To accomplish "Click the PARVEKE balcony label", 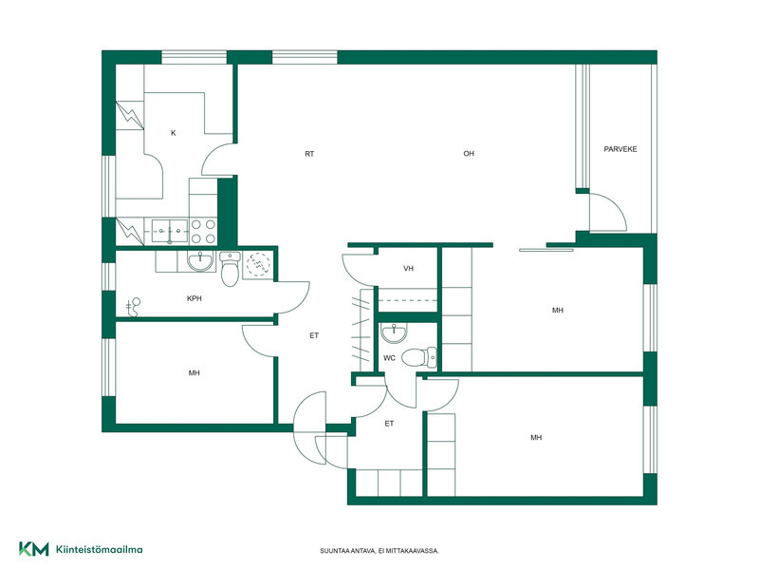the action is (620, 149).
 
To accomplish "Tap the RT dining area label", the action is (309, 154).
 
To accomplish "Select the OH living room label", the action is (469, 154).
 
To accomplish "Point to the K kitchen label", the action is (174, 133).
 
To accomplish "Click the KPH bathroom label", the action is (194, 298).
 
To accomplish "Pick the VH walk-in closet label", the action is (409, 269).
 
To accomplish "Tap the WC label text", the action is (389, 358).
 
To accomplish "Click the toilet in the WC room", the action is (419, 358).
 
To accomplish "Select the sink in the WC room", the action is (394, 332).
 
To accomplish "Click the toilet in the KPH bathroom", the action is (230, 269).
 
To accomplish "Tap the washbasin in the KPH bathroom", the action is (200, 260).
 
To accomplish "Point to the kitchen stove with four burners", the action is (203, 232).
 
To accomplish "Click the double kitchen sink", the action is (170, 231).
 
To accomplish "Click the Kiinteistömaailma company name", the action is (100, 550).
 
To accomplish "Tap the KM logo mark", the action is (34, 549).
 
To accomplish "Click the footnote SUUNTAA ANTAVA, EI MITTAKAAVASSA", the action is (379, 551).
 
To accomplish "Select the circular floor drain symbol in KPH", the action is (258, 265).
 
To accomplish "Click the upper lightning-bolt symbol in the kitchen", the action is (130, 115).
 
